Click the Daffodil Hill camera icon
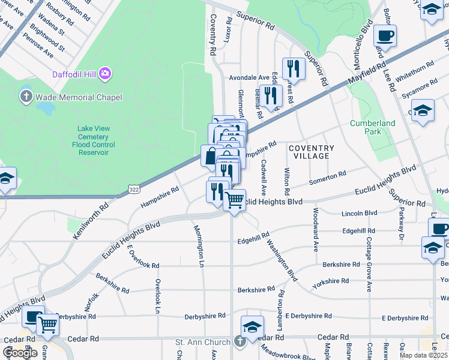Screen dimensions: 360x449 click(x=106, y=73)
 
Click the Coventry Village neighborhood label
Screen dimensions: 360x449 click(x=311, y=152)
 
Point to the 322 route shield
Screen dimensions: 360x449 click(x=133, y=190)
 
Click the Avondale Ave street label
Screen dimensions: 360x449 click(x=249, y=77)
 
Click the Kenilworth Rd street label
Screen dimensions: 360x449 click(x=91, y=221)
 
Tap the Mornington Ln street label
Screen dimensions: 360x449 click(x=197, y=245)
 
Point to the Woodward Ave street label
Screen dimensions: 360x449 click(x=315, y=229)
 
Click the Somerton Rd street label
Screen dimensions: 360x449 click(x=327, y=178)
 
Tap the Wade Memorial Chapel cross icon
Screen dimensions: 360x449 click(x=26, y=96)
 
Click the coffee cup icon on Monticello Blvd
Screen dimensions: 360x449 click(x=385, y=35)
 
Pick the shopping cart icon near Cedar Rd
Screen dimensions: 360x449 click(x=47, y=325)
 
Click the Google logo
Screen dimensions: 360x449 click(x=20, y=353)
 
